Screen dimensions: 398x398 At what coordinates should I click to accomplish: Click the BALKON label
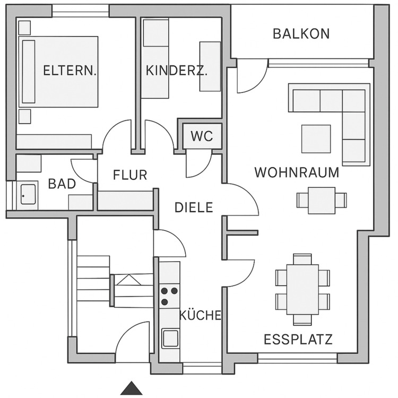(301, 34)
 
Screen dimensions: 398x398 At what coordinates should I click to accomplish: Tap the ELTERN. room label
(70, 70)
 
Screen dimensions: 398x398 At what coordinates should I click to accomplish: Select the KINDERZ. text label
(176, 70)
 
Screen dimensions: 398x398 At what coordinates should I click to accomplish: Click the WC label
(202, 136)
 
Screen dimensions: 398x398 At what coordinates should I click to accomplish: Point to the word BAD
(62, 184)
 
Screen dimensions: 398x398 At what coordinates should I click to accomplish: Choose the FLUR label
(130, 175)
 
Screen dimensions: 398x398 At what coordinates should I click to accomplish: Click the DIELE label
(194, 207)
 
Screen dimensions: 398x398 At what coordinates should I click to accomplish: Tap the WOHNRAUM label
(297, 172)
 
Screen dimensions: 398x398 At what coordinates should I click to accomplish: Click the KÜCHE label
(200, 315)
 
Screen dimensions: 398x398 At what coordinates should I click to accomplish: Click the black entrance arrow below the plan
(132, 388)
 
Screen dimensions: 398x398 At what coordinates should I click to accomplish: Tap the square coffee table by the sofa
(316, 138)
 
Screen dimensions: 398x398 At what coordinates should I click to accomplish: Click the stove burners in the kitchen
(169, 296)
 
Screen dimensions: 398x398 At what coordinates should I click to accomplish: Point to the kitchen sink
(170, 338)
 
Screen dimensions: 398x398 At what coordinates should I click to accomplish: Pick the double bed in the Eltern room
(59, 71)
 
